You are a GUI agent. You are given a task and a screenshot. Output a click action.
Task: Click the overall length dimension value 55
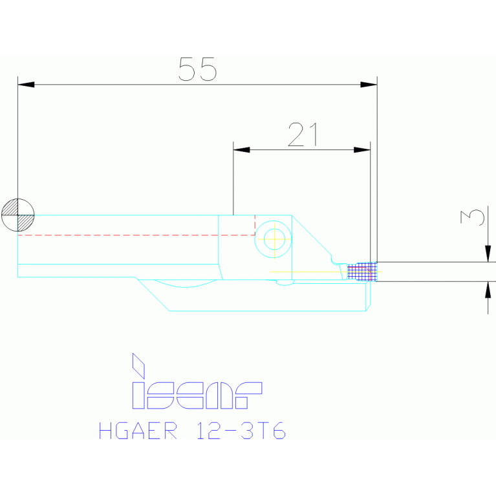click(197, 69)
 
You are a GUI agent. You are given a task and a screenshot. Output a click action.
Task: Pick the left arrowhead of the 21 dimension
click(241, 150)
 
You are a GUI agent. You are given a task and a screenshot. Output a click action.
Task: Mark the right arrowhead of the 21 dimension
click(362, 150)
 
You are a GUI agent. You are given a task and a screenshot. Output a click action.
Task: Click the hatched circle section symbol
click(17, 213)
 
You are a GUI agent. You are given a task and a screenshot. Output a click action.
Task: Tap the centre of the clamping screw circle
click(274, 239)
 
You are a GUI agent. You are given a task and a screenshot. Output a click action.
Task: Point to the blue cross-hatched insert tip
click(361, 271)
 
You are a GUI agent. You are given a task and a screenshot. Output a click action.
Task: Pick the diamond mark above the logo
click(138, 365)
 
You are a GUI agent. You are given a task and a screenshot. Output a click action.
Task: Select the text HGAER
click(137, 431)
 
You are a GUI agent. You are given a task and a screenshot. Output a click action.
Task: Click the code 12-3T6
click(240, 431)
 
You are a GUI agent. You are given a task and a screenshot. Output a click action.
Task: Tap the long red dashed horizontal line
click(129, 235)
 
